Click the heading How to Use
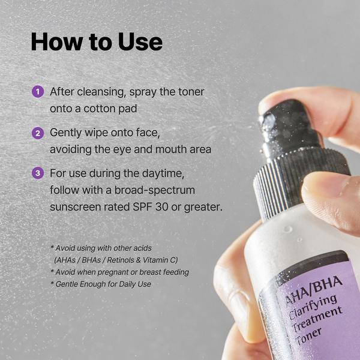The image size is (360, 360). [x=97, y=42]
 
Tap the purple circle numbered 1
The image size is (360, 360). [x=38, y=92]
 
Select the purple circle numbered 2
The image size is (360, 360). [x=38, y=133]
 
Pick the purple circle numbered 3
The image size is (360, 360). [x=38, y=173]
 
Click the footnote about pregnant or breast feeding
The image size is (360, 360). [x=120, y=272]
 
